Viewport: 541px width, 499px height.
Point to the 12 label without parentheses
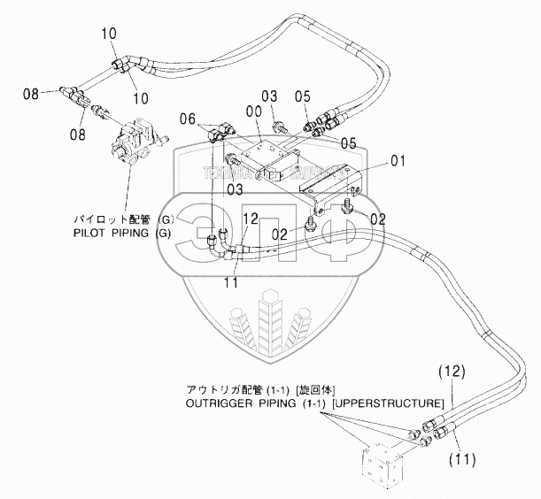point(250,219)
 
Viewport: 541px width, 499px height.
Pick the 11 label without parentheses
point(230,283)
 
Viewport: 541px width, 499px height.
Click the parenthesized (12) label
point(448,373)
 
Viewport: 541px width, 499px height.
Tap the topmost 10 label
point(109,34)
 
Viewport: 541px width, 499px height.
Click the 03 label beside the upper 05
point(269,96)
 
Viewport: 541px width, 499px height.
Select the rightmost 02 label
point(377,217)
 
